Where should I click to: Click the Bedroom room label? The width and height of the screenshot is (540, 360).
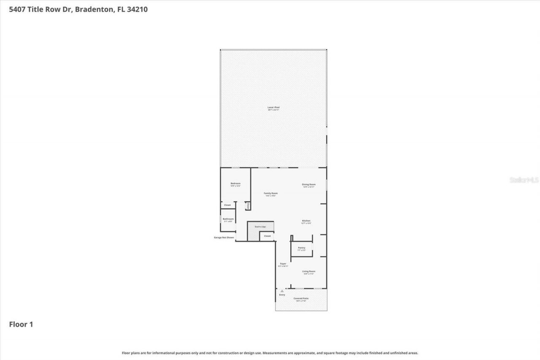(235, 184)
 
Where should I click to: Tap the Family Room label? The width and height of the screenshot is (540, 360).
(271, 193)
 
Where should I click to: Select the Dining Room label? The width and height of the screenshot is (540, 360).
(309, 184)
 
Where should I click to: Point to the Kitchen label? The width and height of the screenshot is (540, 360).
(306, 221)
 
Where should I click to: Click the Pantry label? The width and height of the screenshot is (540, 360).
(301, 248)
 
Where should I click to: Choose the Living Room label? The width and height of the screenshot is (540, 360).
(308, 271)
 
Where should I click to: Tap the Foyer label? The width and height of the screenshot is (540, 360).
(283, 264)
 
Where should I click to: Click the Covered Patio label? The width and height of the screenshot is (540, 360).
(301, 298)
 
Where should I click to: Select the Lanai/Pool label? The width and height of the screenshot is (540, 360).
(273, 108)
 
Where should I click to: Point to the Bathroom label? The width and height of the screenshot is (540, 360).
(228, 219)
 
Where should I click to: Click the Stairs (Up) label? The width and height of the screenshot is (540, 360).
(260, 227)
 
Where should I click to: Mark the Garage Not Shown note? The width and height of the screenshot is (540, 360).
(224, 238)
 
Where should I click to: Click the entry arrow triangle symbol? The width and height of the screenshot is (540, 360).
(282, 291)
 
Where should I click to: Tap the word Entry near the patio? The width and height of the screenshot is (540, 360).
(282, 295)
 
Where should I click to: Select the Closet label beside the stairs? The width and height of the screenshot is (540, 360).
(267, 236)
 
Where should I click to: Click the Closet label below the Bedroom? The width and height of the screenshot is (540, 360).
(227, 205)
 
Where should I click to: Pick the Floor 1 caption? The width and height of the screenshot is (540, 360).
(21, 324)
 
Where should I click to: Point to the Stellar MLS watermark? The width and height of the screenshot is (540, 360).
(524, 180)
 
